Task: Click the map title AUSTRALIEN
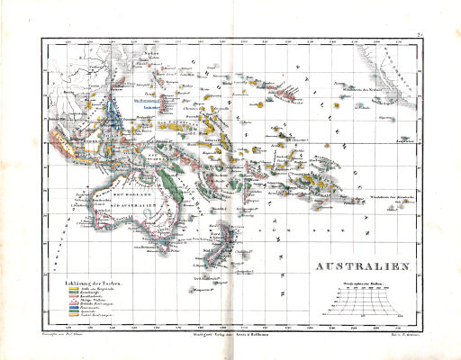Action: pos(359,266)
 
